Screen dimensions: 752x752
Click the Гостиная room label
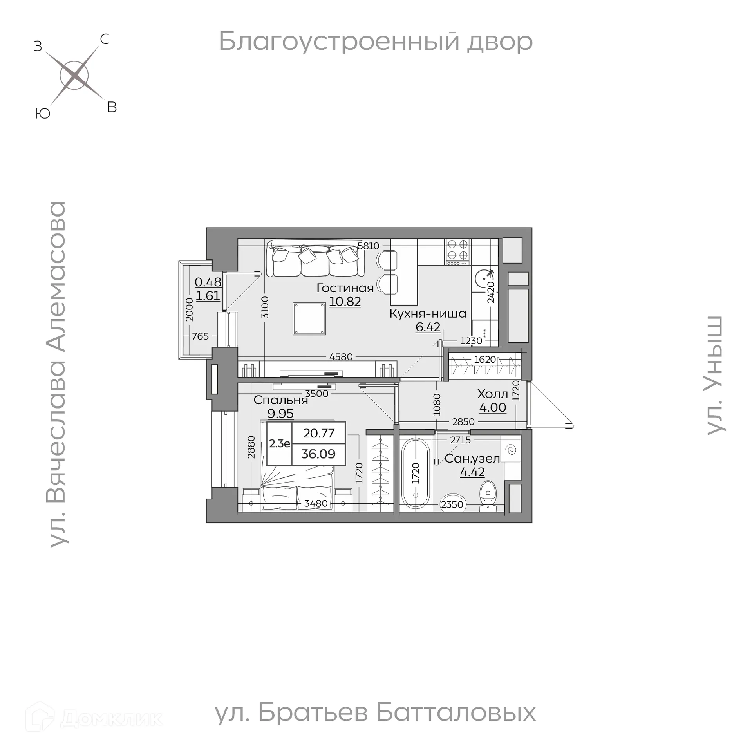(x=345, y=288)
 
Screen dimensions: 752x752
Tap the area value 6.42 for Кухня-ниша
(x=428, y=327)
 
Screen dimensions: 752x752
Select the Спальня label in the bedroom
(x=280, y=400)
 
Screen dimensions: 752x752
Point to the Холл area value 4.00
(x=493, y=407)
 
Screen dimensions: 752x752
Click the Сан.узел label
(x=472, y=458)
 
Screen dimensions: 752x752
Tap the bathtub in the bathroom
(x=416, y=474)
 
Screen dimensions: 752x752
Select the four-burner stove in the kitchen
(x=458, y=250)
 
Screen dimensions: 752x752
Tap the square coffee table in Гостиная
(x=309, y=318)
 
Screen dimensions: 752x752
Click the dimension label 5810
(x=368, y=246)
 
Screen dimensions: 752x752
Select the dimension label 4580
(x=341, y=356)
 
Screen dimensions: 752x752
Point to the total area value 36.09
(x=318, y=454)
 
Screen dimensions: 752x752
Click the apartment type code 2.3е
(x=279, y=443)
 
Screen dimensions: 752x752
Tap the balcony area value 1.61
(x=208, y=296)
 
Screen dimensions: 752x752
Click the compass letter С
(x=104, y=39)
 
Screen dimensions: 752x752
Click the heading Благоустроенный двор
(x=375, y=41)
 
